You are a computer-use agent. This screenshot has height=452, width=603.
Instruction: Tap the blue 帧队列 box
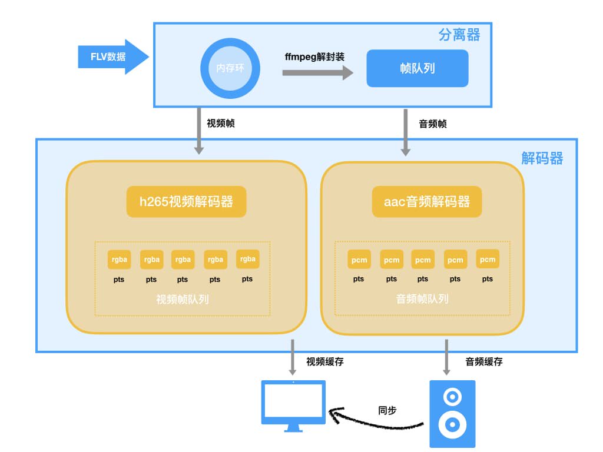[417, 68]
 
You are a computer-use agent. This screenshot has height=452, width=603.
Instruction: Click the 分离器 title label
[459, 35]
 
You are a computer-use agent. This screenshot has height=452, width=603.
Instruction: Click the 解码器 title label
[542, 158]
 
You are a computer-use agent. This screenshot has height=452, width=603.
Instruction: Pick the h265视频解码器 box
[185, 202]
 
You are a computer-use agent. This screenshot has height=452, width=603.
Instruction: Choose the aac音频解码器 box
[427, 202]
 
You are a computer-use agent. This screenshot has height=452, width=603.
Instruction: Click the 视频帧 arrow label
[221, 124]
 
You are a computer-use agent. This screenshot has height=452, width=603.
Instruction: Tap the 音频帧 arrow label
[433, 124]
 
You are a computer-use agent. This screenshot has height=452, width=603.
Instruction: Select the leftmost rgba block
[119, 259]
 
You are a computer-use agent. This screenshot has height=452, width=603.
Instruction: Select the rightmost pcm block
[488, 259]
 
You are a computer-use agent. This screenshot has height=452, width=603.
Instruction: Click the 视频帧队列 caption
[183, 299]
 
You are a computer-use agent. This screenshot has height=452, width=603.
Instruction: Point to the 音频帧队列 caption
[422, 299]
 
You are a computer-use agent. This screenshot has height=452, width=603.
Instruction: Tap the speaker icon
[452, 413]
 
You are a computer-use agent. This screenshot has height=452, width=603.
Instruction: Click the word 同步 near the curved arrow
[387, 410]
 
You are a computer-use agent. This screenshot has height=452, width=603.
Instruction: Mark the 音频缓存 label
[484, 361]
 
